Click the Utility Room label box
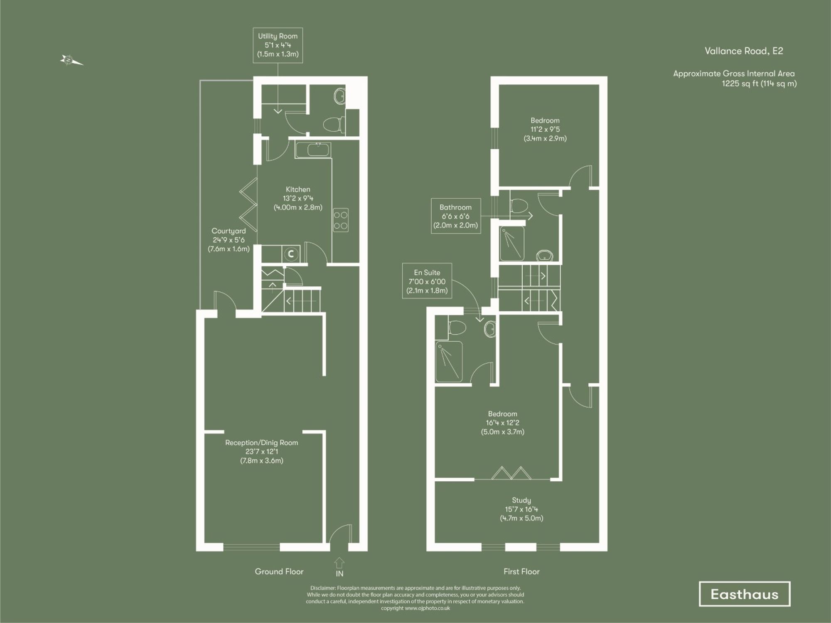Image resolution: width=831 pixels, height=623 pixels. point(278,45)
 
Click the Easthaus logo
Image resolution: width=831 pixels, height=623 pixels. point(744,594)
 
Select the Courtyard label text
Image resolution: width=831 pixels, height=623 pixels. point(229,239)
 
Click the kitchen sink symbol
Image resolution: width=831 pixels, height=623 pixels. point(313,150)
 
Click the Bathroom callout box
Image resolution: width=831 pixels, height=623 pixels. point(455,216)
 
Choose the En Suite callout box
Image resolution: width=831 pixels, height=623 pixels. point(427,281)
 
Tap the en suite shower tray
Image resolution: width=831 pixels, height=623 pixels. point(449,361)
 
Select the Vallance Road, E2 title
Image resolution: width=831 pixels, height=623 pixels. point(743,51)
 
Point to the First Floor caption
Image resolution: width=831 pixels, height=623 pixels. point(521,571)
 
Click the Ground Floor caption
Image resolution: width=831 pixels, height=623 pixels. point(279,571)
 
